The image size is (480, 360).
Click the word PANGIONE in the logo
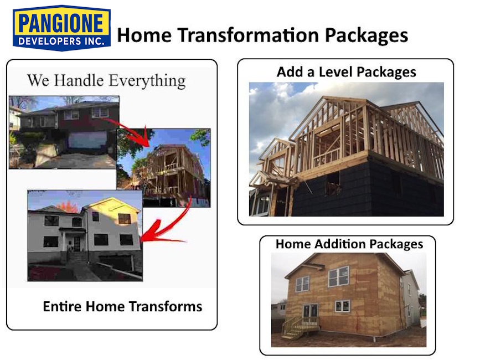(x=61, y=23)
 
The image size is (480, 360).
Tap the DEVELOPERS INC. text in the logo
(x=61, y=41)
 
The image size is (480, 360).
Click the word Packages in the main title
(x=366, y=35)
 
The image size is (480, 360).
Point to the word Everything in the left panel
(x=147, y=81)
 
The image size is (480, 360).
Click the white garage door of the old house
(x=87, y=140)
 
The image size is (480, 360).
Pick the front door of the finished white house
(x=76, y=244)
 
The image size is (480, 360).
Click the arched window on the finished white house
(x=77, y=222)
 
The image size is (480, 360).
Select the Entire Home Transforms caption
(x=122, y=306)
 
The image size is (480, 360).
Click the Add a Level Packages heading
(x=346, y=72)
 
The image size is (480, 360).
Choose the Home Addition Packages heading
(x=349, y=244)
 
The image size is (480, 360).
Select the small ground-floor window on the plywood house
(x=342, y=306)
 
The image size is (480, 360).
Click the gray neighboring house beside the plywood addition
(x=411, y=299)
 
